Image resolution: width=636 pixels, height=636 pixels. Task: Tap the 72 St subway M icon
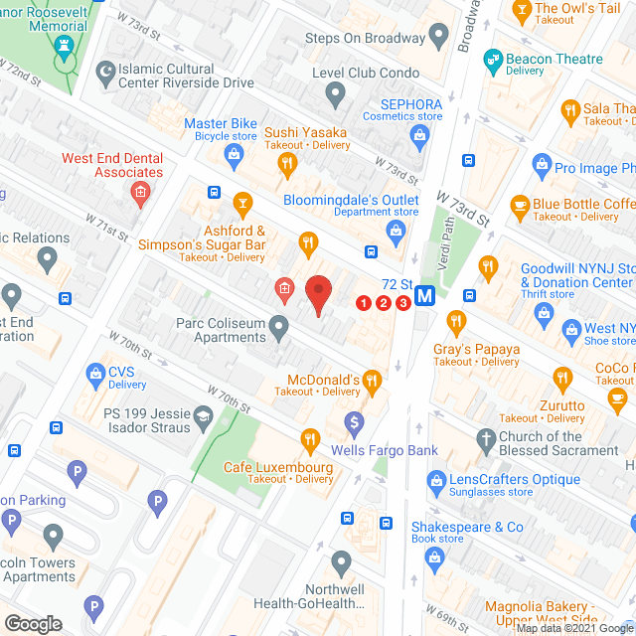pyautogui.click(x=425, y=295)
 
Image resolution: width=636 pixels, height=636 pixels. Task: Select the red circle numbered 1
pyautogui.click(x=364, y=303)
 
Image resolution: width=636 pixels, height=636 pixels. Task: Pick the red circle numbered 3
pyautogui.click(x=402, y=303)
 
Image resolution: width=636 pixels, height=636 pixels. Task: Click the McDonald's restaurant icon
pyautogui.click(x=372, y=380)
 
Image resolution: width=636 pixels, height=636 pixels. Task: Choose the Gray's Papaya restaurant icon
pyautogui.click(x=456, y=321)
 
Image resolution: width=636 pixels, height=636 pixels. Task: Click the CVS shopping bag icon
pyautogui.click(x=95, y=375)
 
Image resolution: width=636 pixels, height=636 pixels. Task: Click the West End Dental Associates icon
pyautogui.click(x=141, y=191)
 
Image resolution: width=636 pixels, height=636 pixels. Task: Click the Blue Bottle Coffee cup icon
pyautogui.click(x=519, y=205)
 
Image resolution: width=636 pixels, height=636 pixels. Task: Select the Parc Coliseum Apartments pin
pyautogui.click(x=279, y=325)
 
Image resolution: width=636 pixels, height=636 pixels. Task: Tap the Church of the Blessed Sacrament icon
pyautogui.click(x=486, y=438)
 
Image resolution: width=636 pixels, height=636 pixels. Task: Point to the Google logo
pyautogui.click(x=32, y=624)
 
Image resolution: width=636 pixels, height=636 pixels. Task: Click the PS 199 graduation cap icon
pyautogui.click(x=204, y=415)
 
